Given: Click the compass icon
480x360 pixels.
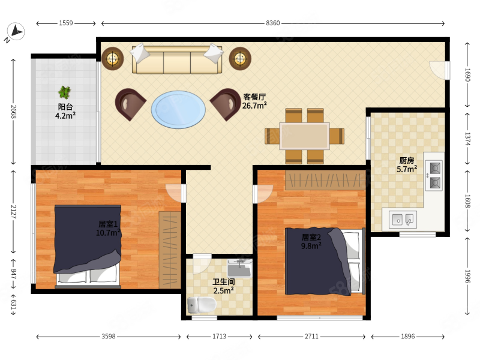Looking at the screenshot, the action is pyautogui.click(x=16, y=32).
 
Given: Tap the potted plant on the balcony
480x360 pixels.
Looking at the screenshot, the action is pyautogui.click(x=65, y=92).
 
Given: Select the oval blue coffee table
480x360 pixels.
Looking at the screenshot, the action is pyautogui.click(x=178, y=110).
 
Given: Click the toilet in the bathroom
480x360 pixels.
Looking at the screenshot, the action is pyautogui.click(x=202, y=305).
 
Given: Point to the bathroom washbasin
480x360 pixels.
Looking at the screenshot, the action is pyautogui.click(x=239, y=268).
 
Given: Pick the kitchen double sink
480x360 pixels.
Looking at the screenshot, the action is pyautogui.click(x=403, y=220).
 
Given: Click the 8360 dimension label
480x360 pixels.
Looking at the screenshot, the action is pyautogui.click(x=272, y=23).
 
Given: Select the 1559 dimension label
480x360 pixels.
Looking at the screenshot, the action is pyautogui.click(x=66, y=23).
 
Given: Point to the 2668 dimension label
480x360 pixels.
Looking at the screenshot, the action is pyautogui.click(x=13, y=112).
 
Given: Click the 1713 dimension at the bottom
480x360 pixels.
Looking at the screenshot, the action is pyautogui.click(x=219, y=337).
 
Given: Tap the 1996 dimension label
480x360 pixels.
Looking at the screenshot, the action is pyautogui.click(x=467, y=277).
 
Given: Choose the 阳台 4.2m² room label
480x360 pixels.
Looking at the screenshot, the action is pyautogui.click(x=65, y=111).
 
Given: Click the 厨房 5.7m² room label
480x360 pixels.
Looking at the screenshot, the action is pyautogui.click(x=407, y=164).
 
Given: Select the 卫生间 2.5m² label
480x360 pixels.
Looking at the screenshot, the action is pyautogui.click(x=224, y=286).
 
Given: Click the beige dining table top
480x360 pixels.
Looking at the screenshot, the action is pyautogui.click(x=305, y=136).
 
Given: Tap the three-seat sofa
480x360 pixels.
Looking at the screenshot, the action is pyautogui.click(x=177, y=59).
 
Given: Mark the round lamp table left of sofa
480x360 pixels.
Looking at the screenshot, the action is pyautogui.click(x=113, y=58).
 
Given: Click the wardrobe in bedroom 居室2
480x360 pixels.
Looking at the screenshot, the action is pyautogui.click(x=325, y=181).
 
